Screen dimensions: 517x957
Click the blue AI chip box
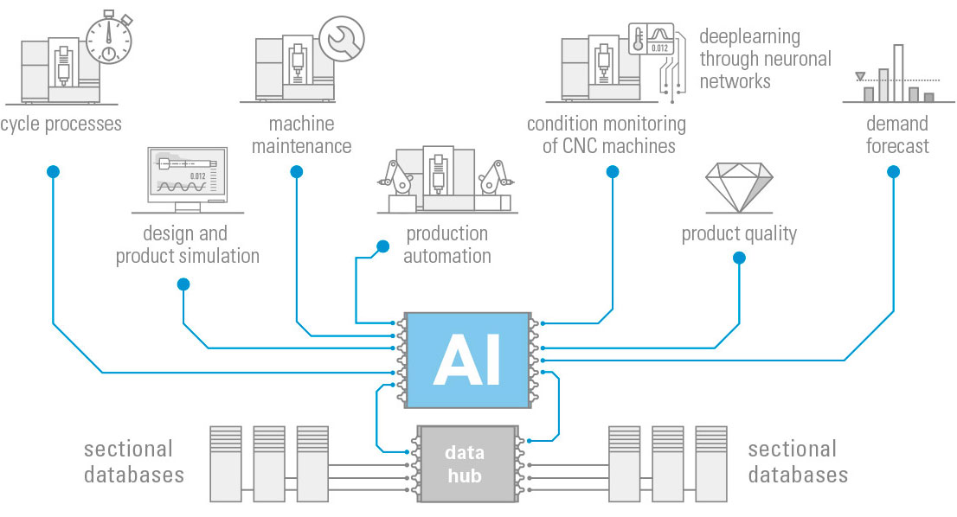(x=466, y=360)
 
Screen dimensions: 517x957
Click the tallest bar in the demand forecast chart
(x=898, y=73)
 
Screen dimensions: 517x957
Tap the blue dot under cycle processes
(x=53, y=172)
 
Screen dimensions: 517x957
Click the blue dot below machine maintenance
(x=297, y=172)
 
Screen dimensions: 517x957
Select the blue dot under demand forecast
(x=893, y=172)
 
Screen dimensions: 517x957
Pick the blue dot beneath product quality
(x=738, y=258)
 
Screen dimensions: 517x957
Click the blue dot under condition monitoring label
(x=613, y=172)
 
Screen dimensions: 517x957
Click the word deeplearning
(x=749, y=37)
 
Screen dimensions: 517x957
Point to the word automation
(x=447, y=256)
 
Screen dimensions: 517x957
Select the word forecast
(x=897, y=146)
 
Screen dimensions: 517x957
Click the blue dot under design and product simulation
(x=183, y=284)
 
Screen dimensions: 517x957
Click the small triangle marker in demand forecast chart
(x=859, y=77)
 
